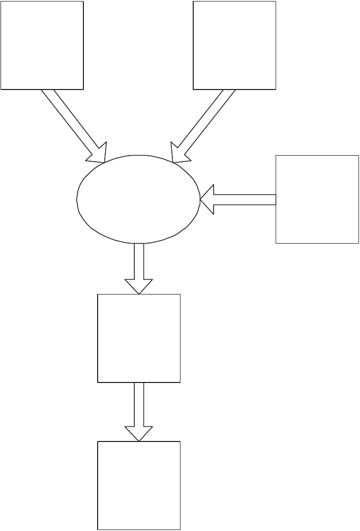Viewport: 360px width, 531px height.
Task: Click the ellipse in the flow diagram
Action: [138, 198]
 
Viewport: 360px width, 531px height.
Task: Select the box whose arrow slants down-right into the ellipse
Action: [42, 45]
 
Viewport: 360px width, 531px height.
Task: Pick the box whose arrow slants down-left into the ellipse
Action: [234, 45]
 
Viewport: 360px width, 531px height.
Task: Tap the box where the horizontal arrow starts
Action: [317, 199]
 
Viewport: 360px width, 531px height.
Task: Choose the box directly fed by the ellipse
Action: [139, 338]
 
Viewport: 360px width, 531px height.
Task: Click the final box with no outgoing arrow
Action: [139, 485]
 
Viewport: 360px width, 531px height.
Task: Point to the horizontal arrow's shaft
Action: [244, 199]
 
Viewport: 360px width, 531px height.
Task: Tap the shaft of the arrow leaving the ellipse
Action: [139, 260]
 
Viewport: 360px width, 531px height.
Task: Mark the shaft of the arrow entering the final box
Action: [139, 404]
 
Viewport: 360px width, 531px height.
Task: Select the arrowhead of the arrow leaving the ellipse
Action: [139, 286]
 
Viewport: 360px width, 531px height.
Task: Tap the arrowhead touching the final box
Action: [139, 433]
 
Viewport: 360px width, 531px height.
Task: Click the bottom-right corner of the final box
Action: [180, 529]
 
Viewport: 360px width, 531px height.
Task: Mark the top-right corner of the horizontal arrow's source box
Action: [358, 155]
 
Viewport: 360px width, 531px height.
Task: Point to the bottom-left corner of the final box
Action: [98, 529]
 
